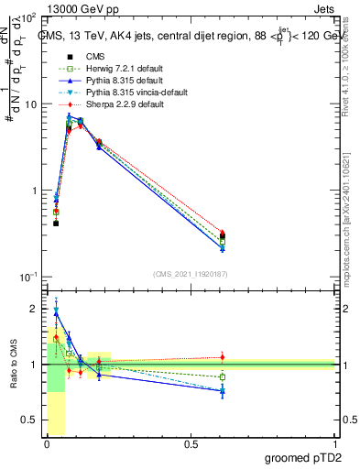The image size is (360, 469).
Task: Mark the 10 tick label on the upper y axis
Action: pos(31,104)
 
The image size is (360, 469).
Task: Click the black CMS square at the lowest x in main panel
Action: pos(56,223)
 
